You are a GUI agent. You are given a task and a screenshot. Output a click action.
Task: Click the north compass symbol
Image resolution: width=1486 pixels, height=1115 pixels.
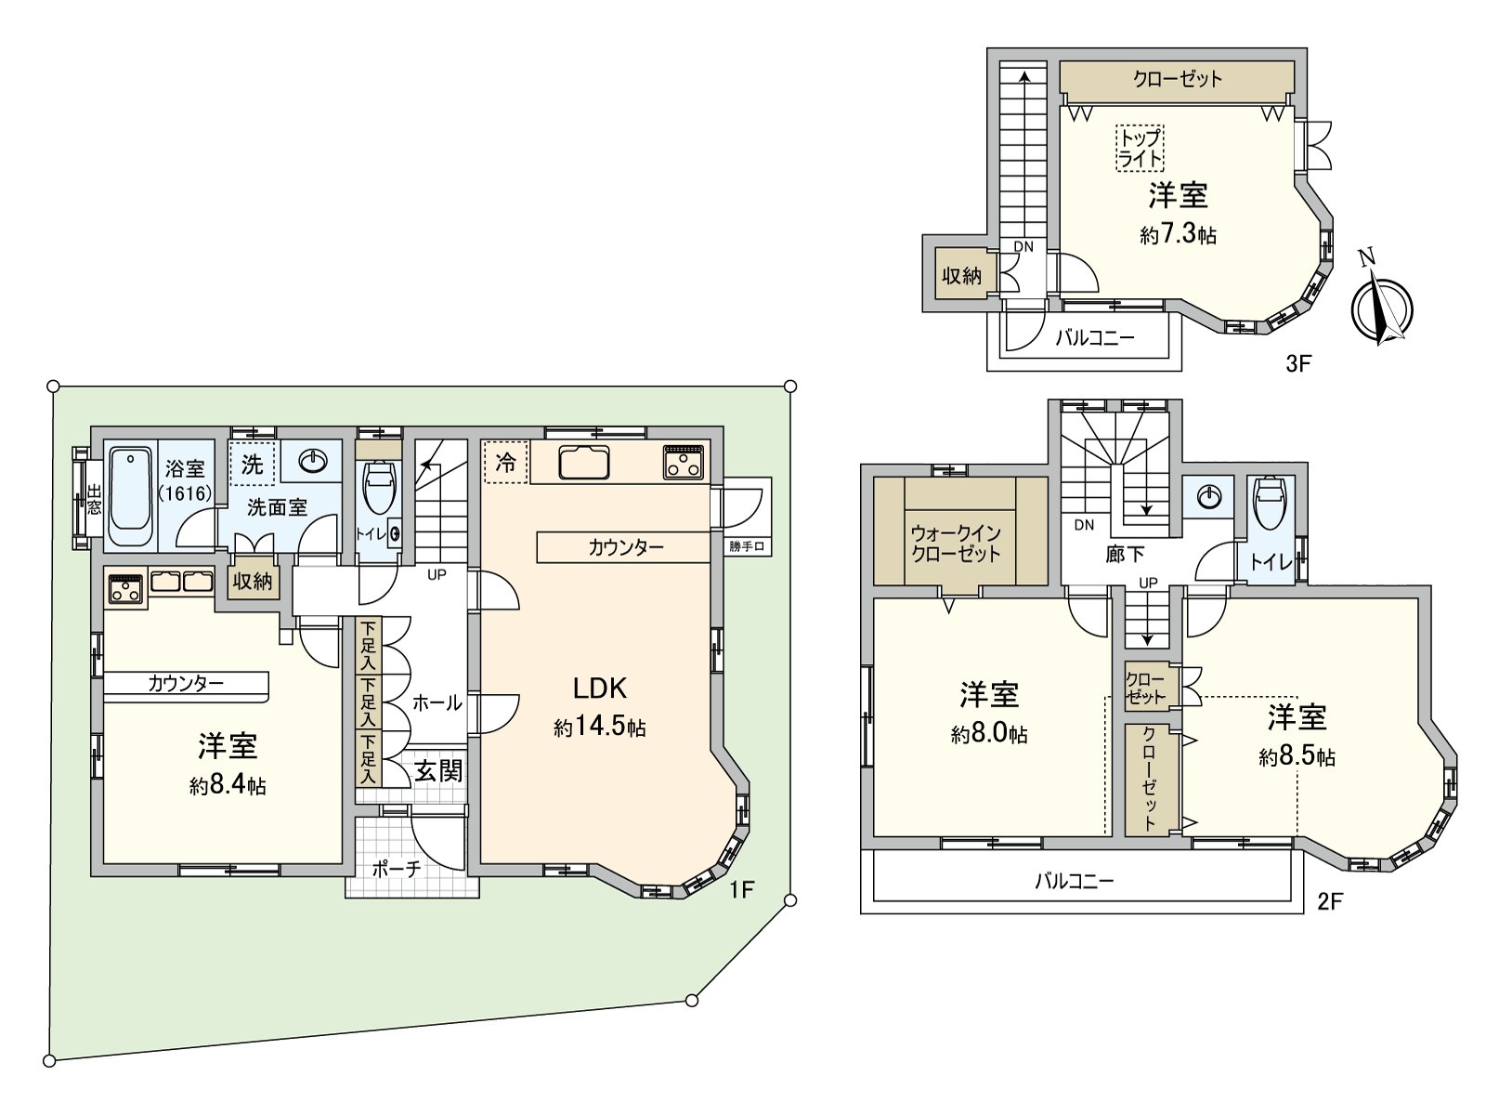[1381, 306]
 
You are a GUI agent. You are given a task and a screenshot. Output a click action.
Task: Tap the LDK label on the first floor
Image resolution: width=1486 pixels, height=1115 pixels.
[600, 689]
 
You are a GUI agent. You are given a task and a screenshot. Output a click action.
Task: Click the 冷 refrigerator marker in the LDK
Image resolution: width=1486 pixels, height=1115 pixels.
[506, 463]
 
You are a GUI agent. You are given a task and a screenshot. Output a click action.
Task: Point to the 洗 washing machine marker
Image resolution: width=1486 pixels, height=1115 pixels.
[252, 464]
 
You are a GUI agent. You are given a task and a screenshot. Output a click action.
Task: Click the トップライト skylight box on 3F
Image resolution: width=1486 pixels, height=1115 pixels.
[1140, 149]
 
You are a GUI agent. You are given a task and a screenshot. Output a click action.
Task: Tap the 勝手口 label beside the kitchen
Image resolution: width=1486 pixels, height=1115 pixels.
[747, 546]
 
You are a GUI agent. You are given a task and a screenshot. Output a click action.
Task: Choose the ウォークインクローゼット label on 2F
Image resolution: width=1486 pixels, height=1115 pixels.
[956, 544]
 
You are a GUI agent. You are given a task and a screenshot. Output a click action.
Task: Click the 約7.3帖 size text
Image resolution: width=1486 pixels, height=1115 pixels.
[1178, 235]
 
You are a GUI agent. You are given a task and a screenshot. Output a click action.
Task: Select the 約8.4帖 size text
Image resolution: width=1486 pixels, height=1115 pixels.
[228, 785]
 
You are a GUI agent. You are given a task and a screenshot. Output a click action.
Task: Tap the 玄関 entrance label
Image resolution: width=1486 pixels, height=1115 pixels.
[438, 770]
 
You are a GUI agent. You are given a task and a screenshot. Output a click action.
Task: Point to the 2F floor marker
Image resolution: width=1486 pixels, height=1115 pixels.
[1330, 901]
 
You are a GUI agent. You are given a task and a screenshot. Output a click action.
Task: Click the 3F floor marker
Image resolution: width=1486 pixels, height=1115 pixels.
[1298, 363]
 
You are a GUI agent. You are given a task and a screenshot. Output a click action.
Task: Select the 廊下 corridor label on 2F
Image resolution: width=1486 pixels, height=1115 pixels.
[1125, 555]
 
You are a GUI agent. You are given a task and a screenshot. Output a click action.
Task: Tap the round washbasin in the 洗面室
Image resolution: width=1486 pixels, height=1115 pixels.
[313, 461]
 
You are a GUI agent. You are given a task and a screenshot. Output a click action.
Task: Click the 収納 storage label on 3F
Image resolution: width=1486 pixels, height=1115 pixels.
[962, 275]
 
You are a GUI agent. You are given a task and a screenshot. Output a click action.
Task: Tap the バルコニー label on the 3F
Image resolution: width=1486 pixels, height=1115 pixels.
[1095, 337]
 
